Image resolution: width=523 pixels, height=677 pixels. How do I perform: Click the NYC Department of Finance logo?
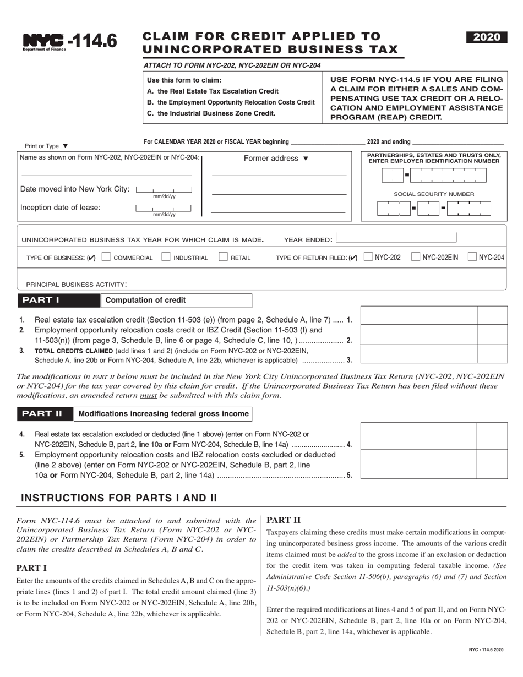44,41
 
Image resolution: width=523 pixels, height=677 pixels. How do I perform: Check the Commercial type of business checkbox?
107,256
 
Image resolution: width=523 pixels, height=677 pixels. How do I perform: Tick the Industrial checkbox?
165,256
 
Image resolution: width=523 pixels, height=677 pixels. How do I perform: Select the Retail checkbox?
223,256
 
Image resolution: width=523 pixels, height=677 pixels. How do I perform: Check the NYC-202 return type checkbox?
368,256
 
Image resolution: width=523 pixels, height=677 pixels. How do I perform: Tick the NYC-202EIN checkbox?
416,256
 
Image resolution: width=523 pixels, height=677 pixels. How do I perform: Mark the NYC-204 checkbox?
472,256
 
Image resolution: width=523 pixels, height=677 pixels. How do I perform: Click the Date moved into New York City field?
164,189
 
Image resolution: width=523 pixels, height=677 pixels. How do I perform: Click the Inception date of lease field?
164,208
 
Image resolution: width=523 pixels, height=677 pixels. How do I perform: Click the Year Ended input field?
396,238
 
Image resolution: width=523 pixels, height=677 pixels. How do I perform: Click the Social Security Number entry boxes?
433,209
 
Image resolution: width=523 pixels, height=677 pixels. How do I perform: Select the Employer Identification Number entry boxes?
433,175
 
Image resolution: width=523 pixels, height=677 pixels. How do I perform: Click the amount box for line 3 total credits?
418,354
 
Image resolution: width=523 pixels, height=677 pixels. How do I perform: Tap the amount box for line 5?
418,465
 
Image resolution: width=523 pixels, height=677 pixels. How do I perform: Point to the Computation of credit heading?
145,301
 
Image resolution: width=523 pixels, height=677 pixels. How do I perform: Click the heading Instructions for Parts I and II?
119,498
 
